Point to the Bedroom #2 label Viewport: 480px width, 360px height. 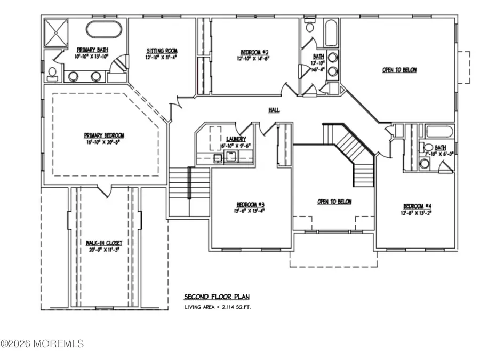(254, 52)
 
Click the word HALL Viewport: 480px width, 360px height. (275, 110)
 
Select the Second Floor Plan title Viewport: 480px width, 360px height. (217, 297)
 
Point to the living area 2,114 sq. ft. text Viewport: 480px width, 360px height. (217, 308)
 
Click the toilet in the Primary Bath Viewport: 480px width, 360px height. (52, 74)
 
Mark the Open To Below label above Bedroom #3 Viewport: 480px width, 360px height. (334, 202)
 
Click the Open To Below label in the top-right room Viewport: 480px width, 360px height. (399, 70)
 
